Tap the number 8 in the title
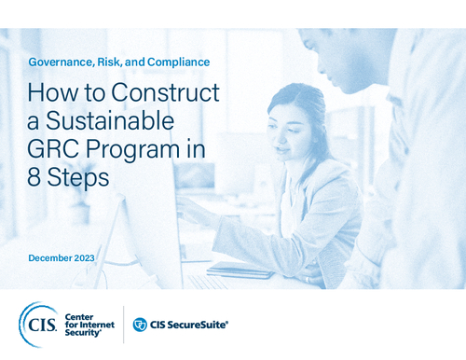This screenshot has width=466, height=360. (x=35, y=177)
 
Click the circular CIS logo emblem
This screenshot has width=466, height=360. (x=37, y=323)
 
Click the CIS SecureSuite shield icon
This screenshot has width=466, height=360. (x=141, y=325)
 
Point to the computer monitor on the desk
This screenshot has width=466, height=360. (x=140, y=224)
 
